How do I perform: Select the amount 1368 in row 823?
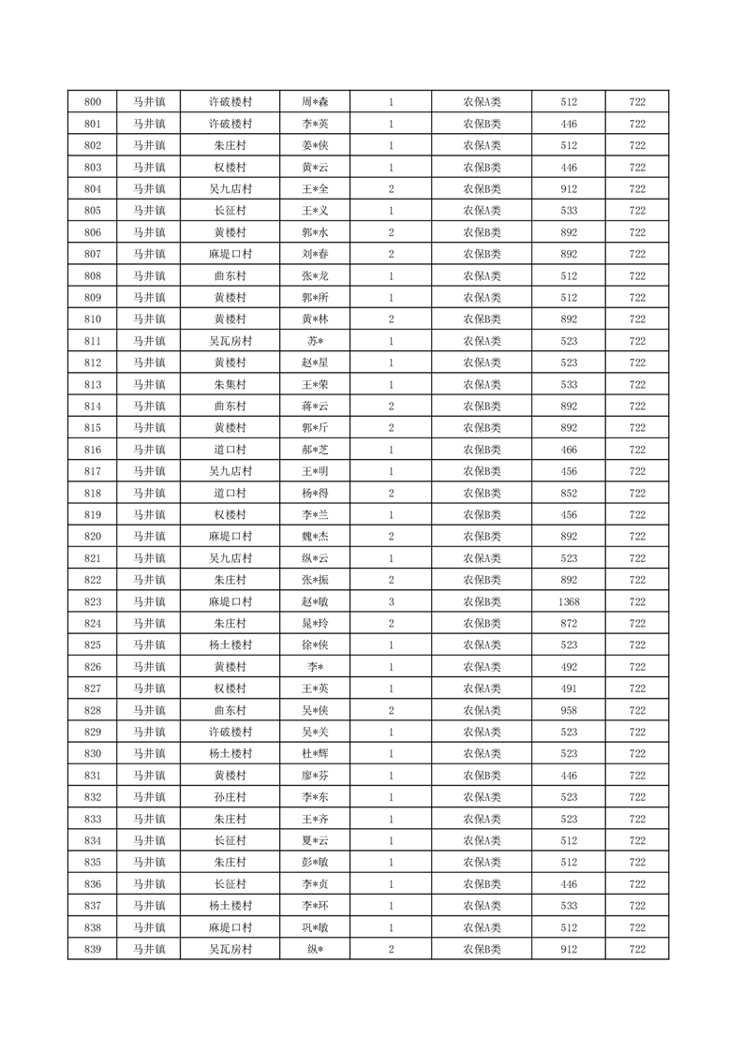[x=568, y=602]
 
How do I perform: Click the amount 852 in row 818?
[x=568, y=494]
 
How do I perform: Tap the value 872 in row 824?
[x=568, y=624]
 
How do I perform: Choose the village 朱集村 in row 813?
[x=230, y=385]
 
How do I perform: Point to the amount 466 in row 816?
[x=568, y=450]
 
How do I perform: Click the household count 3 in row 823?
[x=391, y=602]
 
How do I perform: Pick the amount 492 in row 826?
[x=568, y=667]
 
